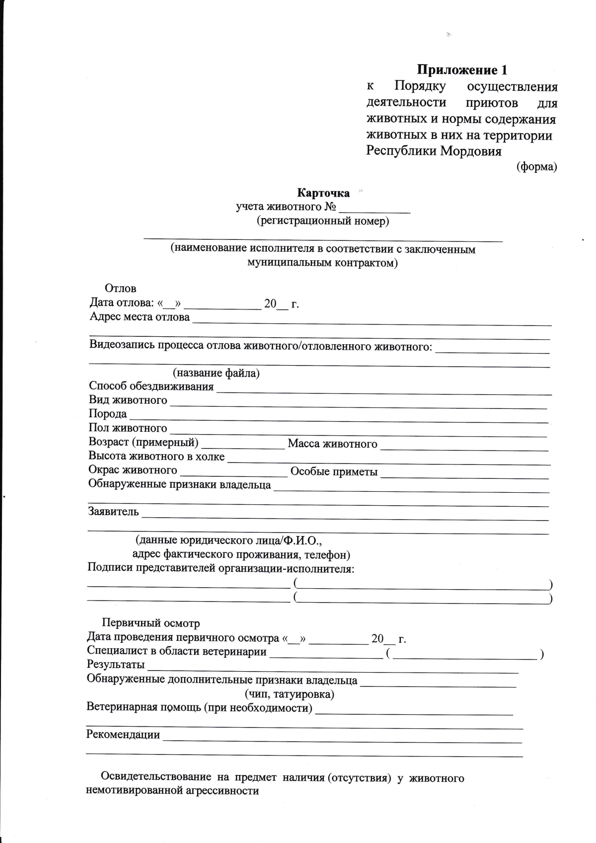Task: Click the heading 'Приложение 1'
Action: point(461,70)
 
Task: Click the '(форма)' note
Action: point(536,167)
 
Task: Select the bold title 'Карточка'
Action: point(323,193)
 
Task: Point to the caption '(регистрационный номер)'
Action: point(323,221)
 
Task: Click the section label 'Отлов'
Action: point(120,289)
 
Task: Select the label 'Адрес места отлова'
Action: point(140,317)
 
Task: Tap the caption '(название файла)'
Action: point(216,373)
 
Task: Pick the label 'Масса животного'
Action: point(332,444)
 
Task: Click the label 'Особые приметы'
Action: point(334,472)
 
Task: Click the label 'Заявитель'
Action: point(113,511)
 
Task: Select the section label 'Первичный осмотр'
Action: point(150,623)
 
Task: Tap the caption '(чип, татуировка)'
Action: point(289,694)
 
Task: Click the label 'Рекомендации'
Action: point(123,735)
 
